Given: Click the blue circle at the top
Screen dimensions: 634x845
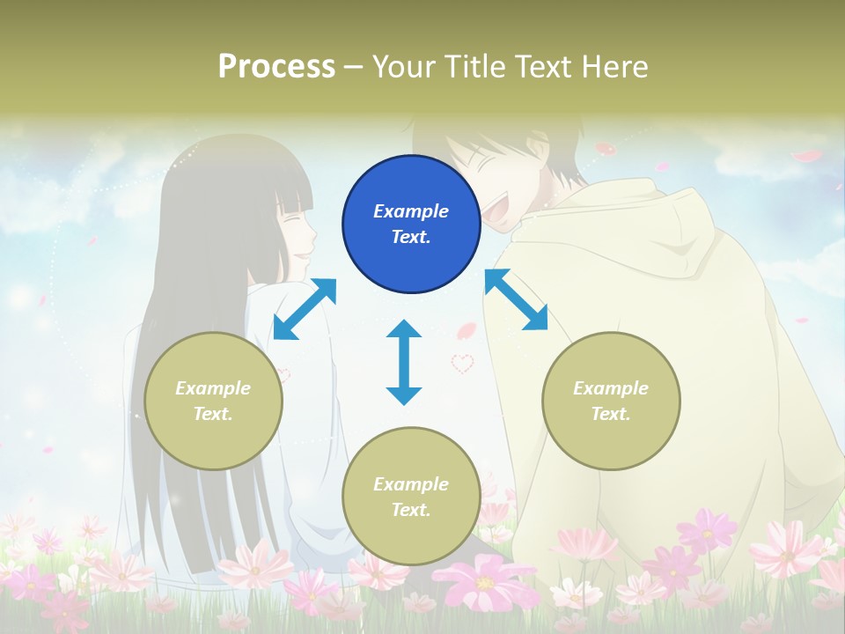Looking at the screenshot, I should point(411,224).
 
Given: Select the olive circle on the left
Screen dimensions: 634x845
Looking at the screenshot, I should point(213,401).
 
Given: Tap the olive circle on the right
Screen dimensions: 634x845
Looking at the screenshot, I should point(611,401).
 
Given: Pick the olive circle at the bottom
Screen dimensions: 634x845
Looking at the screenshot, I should point(411,497).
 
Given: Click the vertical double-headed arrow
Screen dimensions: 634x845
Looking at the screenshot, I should point(404,362).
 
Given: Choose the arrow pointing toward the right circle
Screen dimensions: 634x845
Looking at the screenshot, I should point(516,300).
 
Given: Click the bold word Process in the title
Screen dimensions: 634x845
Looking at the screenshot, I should point(276,66).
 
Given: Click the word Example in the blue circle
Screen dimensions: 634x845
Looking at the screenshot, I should point(411,211).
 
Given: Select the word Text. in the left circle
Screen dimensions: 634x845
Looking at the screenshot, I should point(213,414).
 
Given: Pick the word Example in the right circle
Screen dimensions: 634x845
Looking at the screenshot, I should point(611,388).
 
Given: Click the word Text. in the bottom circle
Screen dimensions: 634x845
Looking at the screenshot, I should point(411,510).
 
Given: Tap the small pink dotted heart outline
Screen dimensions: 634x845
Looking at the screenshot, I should point(462,363).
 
